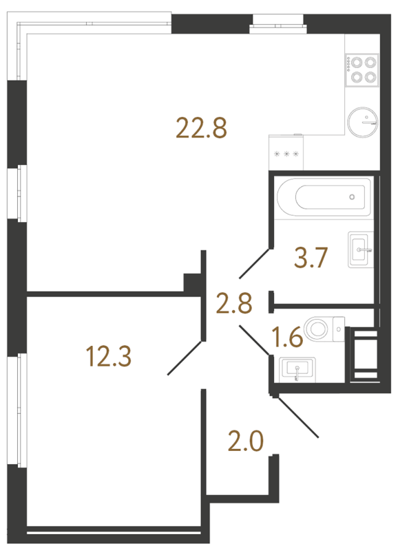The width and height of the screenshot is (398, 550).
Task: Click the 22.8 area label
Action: point(201,127)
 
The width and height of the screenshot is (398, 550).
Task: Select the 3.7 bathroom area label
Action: point(309,259)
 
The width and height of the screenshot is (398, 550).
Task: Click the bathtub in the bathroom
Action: point(324,197)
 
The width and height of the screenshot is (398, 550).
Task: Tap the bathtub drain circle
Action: point(352,197)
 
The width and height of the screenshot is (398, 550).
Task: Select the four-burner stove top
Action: point(362,69)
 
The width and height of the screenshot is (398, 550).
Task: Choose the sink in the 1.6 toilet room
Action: point(297,368)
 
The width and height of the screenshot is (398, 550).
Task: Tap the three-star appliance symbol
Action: point(286,154)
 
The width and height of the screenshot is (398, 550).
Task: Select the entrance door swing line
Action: point(296,415)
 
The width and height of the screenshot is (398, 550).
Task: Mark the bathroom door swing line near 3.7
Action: point(254,264)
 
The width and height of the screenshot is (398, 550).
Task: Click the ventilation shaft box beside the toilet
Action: point(364,353)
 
